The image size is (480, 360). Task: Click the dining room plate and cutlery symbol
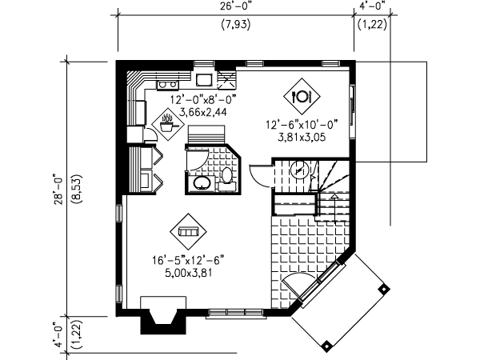tap(302, 97)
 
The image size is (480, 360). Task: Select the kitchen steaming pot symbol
tap(168, 124)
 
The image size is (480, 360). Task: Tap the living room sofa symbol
tap(189, 231)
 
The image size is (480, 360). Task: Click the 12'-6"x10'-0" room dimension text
tap(302, 124)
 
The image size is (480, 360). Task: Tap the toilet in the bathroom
tap(227, 178)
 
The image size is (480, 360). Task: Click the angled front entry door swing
tap(298, 286)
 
